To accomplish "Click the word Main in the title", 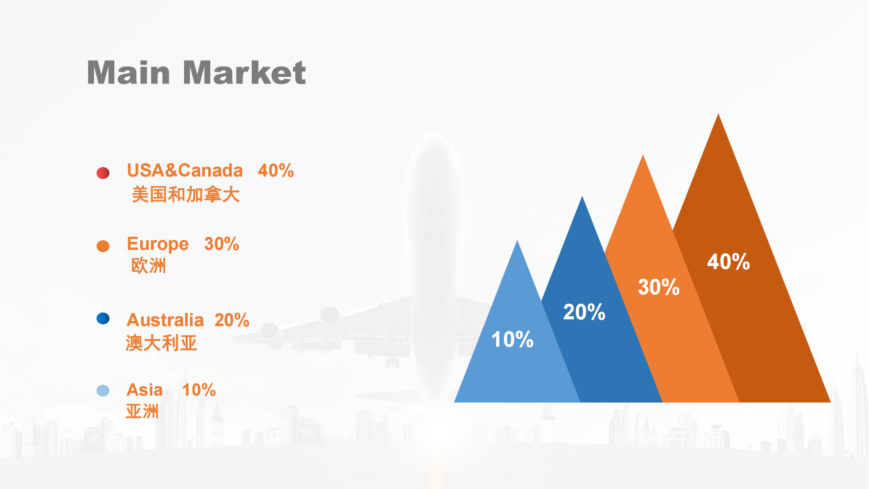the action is (129, 73).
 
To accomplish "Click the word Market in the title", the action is (244, 73).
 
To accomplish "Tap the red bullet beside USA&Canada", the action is (103, 173).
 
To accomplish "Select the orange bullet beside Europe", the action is (103, 246).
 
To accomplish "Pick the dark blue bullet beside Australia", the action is (103, 318).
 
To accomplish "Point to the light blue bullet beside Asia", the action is (103, 390).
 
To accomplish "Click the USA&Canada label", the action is (185, 171).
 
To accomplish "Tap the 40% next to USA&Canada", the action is (276, 171).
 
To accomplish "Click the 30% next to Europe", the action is (221, 244).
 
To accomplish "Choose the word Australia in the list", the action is (165, 320).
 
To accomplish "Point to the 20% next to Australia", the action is (232, 320).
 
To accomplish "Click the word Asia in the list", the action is (145, 390).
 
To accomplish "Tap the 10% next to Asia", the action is (199, 390).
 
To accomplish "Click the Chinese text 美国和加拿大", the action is (186, 195).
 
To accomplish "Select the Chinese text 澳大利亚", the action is (161, 343).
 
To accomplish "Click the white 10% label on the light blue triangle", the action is (512, 339).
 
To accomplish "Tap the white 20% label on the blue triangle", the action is (584, 312).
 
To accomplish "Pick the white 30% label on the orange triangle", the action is (659, 287).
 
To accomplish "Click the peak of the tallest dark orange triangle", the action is (718, 114).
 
